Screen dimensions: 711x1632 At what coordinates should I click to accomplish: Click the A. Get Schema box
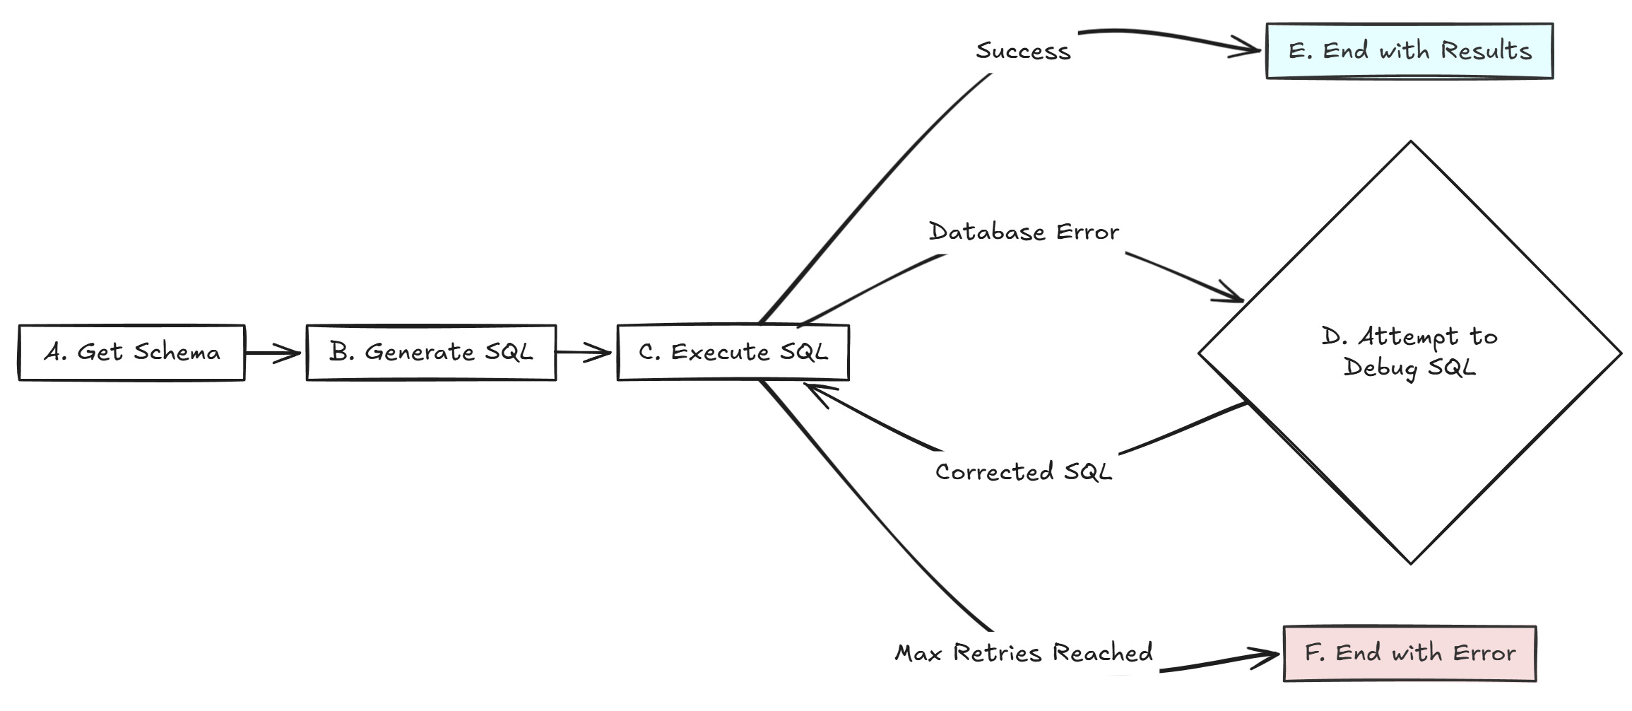pos(131,353)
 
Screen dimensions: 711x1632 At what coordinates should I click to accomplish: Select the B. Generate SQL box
pos(431,353)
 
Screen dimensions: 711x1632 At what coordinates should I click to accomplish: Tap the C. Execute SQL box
pos(733,353)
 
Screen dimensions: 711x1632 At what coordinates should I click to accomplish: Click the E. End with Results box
pos(1409,51)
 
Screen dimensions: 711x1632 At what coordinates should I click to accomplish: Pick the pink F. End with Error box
pos(1409,653)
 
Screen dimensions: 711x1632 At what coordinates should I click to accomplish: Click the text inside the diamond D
pos(1409,352)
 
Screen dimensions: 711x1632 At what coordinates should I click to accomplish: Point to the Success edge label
pos(1023,51)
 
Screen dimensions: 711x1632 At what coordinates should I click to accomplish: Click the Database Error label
pos(1023,232)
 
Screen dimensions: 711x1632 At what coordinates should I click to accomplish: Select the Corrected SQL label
pos(1023,471)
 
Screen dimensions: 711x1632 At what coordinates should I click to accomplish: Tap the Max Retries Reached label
pos(1023,652)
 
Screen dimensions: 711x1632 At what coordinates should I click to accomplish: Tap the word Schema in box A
pos(177,352)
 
